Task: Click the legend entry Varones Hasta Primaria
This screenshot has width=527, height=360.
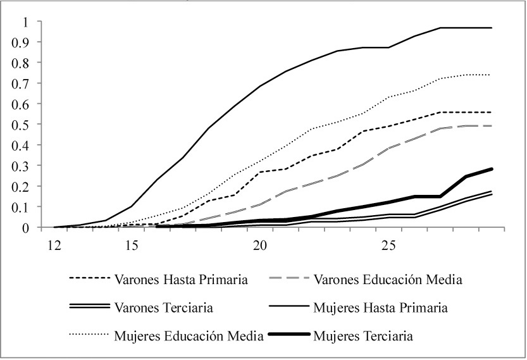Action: (x=173, y=279)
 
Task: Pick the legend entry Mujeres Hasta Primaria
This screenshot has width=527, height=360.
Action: (x=380, y=308)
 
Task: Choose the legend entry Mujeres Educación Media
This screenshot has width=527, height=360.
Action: (x=189, y=335)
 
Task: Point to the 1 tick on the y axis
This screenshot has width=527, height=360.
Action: (x=25, y=22)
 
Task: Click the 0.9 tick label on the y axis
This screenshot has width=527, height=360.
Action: (x=22, y=42)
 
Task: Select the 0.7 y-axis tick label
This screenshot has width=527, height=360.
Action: (x=22, y=84)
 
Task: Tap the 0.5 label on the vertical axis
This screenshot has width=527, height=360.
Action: (x=22, y=125)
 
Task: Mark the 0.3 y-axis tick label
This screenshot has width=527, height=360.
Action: (x=22, y=166)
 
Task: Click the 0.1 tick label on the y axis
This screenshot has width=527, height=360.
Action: (x=22, y=207)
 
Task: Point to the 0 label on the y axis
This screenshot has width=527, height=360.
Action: (x=25, y=228)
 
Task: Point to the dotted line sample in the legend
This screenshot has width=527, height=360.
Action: (x=87, y=335)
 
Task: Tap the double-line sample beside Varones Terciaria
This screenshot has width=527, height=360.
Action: (x=87, y=308)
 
